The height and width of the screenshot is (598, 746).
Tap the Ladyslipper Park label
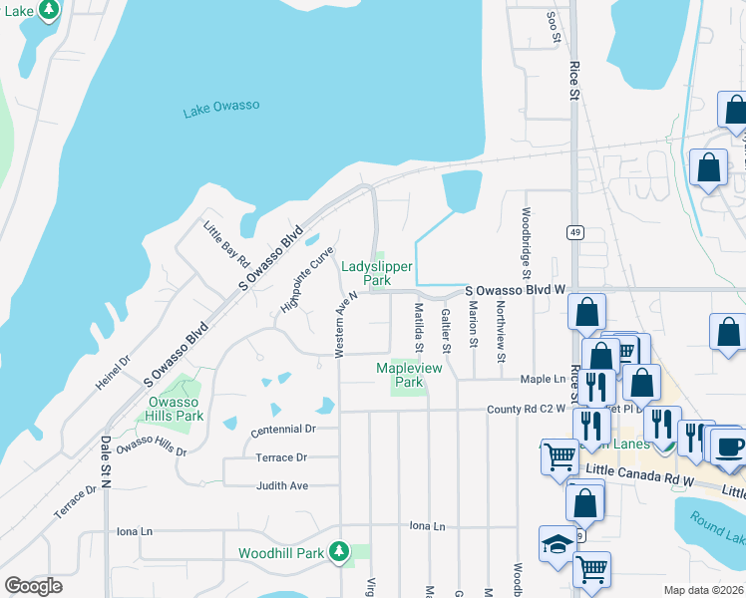click(x=376, y=274)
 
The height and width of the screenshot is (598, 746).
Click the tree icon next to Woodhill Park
click(x=339, y=552)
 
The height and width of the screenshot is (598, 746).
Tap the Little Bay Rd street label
click(x=226, y=244)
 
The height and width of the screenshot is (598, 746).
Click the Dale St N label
click(x=105, y=468)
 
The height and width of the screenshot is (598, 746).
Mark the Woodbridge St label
click(x=526, y=241)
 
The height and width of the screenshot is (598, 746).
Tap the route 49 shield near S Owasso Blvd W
click(x=575, y=232)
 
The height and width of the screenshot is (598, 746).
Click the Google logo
click(x=34, y=586)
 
